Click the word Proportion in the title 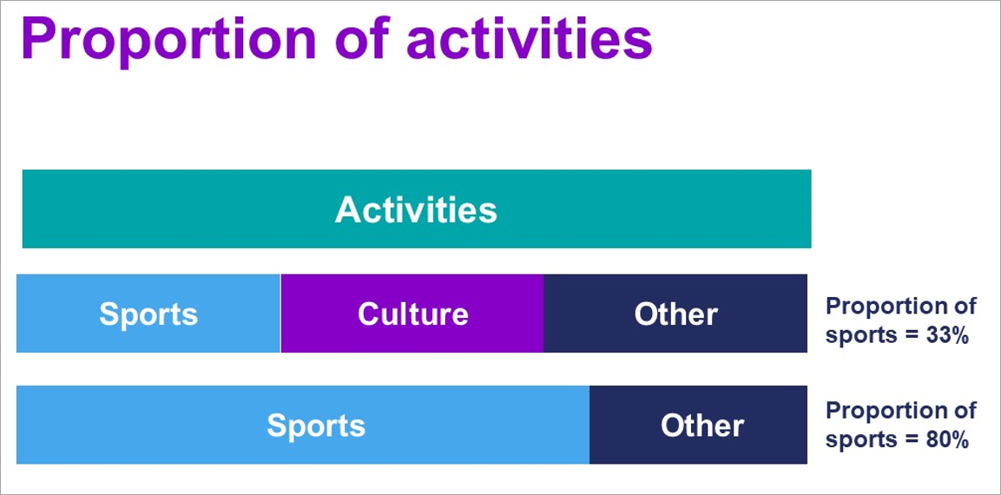click(x=168, y=39)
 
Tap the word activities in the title click(x=530, y=37)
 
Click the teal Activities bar click(x=416, y=209)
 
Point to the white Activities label click(x=416, y=209)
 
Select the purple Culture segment click(x=412, y=313)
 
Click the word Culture click(x=413, y=313)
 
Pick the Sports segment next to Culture click(x=148, y=313)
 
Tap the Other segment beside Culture click(x=675, y=313)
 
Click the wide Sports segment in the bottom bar click(x=303, y=425)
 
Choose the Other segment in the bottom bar click(x=698, y=425)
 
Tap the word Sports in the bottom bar click(x=316, y=426)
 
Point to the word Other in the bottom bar click(x=702, y=426)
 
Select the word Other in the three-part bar click(x=675, y=313)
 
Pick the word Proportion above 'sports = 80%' click(x=884, y=412)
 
